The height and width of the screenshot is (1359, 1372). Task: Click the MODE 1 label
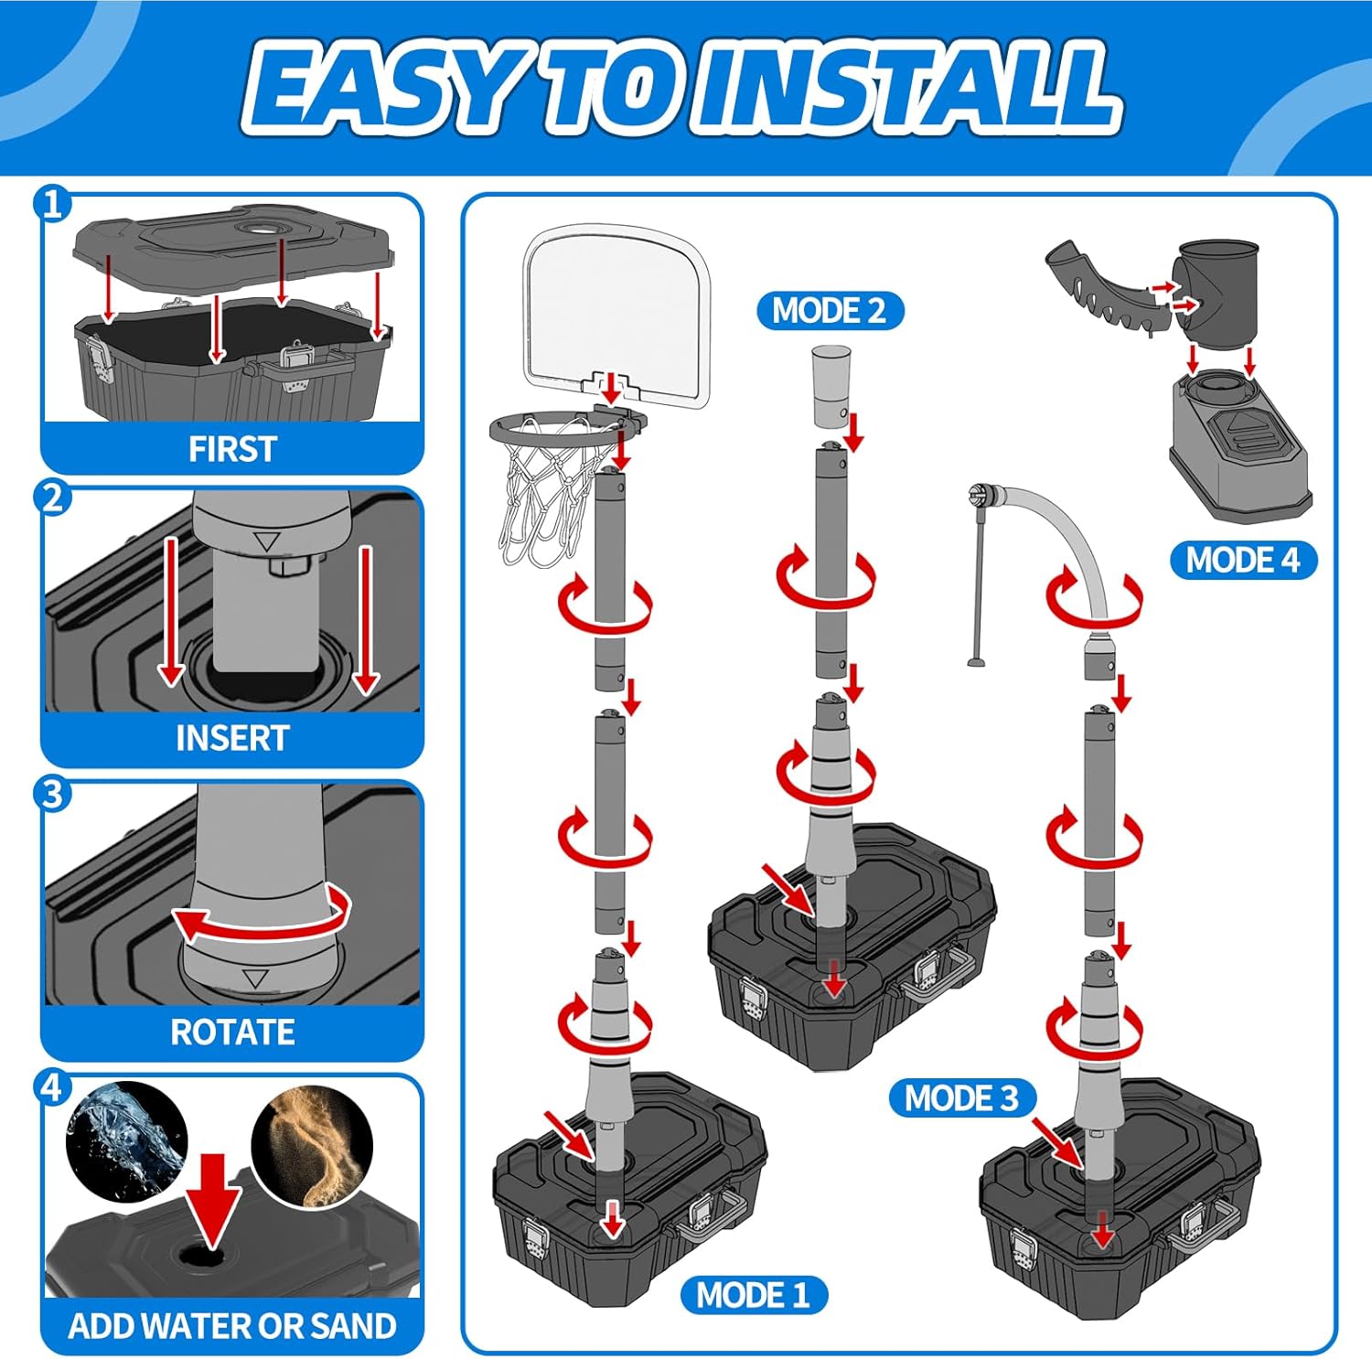(x=754, y=1295)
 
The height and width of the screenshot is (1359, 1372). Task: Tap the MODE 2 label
(x=830, y=311)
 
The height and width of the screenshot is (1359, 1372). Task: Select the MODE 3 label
(x=961, y=1097)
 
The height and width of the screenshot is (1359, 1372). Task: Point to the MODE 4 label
(x=1243, y=560)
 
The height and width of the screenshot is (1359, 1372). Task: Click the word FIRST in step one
(x=232, y=449)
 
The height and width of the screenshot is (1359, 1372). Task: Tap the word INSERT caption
(x=232, y=738)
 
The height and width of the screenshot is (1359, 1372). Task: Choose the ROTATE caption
(x=232, y=1033)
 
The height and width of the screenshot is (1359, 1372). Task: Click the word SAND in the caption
(x=349, y=1326)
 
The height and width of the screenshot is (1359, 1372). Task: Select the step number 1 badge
(x=52, y=203)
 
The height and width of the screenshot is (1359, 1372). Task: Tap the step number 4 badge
(x=52, y=1088)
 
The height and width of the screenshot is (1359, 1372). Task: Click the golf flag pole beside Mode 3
(x=977, y=576)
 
